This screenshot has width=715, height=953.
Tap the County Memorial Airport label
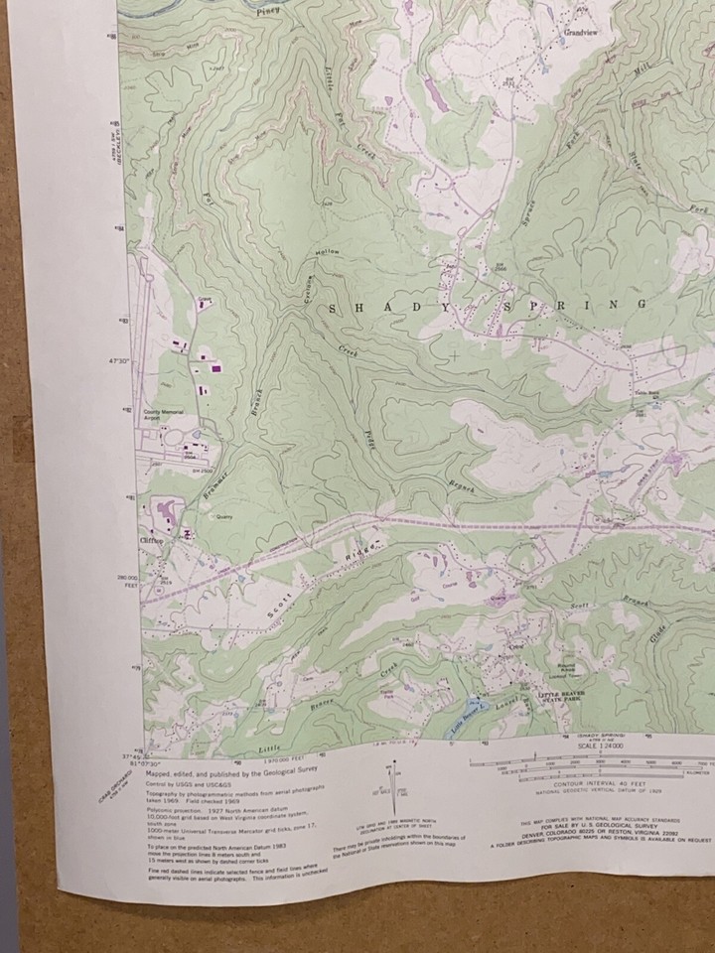coord(165,415)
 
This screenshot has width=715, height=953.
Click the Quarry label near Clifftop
coord(223,516)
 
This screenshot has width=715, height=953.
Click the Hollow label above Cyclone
coord(327,254)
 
